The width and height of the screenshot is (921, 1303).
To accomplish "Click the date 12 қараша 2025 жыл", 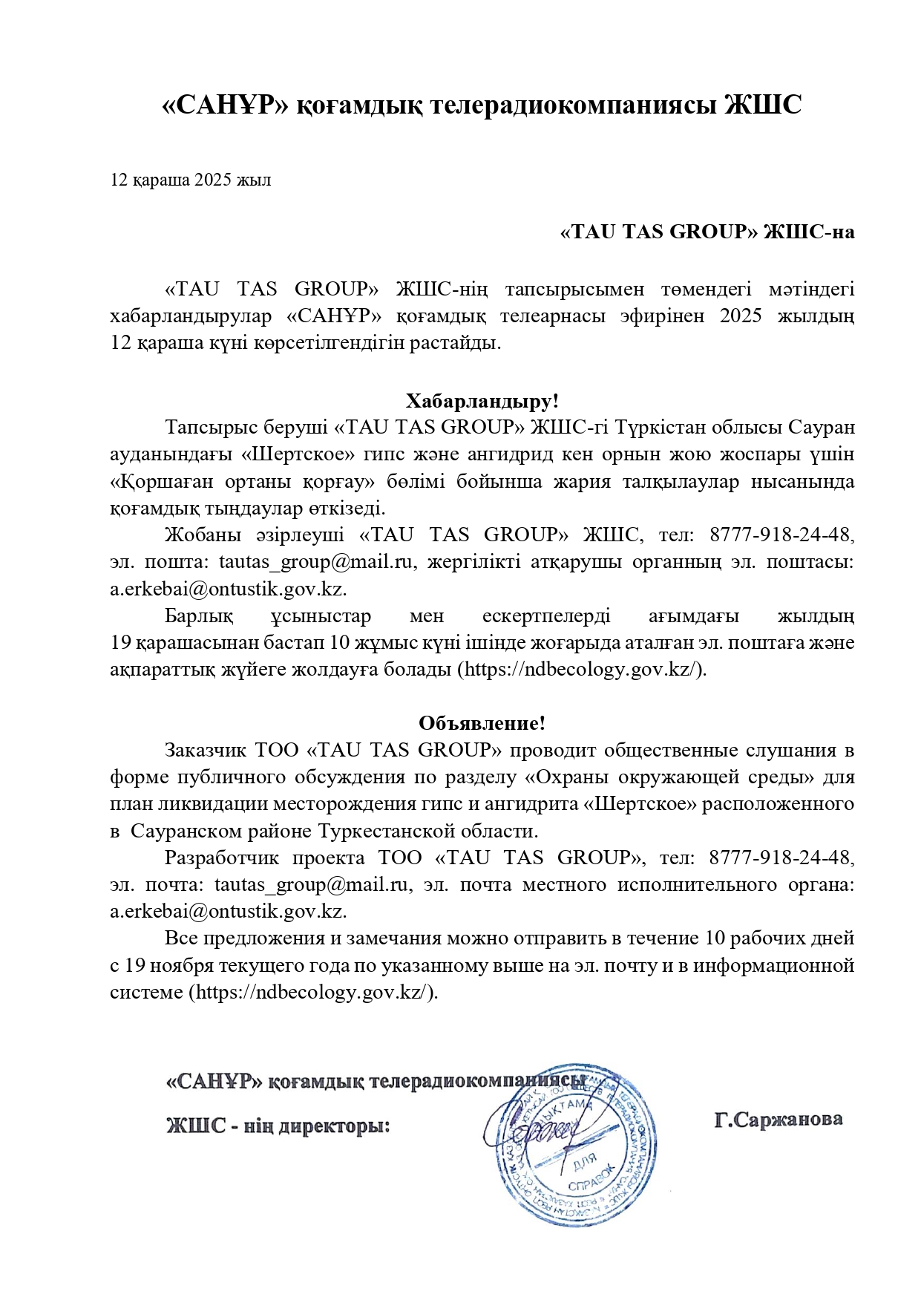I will tap(191, 180).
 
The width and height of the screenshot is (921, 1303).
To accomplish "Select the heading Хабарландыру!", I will tap(482, 401).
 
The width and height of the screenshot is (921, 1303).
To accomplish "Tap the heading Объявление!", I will tap(482, 722).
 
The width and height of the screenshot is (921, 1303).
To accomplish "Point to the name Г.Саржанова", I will tap(778, 1119).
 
